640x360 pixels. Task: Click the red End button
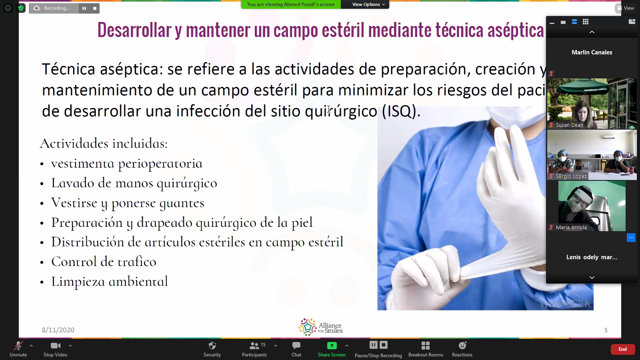click(622, 349)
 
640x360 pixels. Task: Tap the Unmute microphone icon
click(18, 346)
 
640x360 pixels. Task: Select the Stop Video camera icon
click(55, 346)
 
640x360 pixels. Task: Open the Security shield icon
click(212, 346)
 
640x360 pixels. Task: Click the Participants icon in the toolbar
click(254, 346)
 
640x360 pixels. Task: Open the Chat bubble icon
click(296, 346)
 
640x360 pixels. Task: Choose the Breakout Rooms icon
click(426, 346)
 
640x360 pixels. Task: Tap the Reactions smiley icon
click(462, 346)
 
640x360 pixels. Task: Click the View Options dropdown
click(368, 4)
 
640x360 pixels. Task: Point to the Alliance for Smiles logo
click(320, 327)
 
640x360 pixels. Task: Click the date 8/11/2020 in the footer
click(58, 330)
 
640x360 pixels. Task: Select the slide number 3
click(606, 330)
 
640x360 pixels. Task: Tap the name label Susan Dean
click(570, 125)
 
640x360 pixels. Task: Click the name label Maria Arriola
click(571, 228)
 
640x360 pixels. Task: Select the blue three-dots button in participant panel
click(631, 238)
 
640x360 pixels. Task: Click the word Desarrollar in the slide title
click(134, 30)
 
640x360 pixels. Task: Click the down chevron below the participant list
click(592, 278)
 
